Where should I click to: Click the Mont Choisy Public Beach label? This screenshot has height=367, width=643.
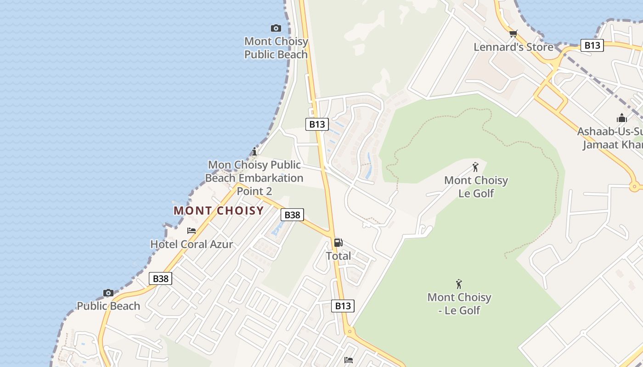[276, 48]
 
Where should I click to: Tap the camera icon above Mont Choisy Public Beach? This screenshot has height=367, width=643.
[276, 28]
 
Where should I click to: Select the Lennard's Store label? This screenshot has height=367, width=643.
[513, 47]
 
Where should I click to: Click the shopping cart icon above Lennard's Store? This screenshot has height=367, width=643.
[513, 33]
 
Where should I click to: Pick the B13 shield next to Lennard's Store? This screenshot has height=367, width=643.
[592, 45]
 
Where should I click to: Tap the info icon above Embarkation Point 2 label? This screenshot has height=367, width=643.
[254, 151]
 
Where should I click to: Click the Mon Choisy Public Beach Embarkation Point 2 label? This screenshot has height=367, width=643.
[254, 178]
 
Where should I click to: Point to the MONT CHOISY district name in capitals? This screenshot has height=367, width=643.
[219, 211]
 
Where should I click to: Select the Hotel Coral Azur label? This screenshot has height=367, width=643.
[192, 244]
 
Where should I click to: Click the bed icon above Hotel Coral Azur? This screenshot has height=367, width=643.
[192, 231]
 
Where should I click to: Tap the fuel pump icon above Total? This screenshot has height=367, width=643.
[338, 243]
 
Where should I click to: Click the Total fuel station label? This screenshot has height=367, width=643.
[338, 256]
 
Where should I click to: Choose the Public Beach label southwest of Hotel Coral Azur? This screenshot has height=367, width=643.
[108, 306]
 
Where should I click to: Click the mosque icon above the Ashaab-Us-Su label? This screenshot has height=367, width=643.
[622, 118]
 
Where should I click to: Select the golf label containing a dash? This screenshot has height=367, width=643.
[459, 304]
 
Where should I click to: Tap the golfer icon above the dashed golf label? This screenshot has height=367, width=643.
[458, 284]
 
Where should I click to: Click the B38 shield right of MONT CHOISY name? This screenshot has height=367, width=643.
[292, 215]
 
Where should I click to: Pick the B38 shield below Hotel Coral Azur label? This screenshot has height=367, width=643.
[160, 278]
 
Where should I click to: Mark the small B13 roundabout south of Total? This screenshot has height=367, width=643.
[350, 331]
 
